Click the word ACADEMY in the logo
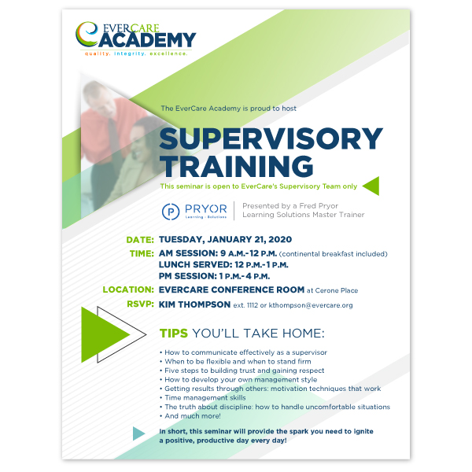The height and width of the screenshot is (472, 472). [x=147, y=40]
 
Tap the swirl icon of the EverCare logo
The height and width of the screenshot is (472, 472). [x=87, y=34]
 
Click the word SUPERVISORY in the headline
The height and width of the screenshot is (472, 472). [x=271, y=138]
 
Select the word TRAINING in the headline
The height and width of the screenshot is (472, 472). [x=237, y=166]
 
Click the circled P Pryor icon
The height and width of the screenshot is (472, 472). [x=171, y=212]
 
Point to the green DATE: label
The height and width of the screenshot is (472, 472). [x=140, y=240]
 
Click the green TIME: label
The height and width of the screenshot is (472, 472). [x=142, y=254]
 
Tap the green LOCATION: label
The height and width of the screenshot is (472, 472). [x=128, y=289]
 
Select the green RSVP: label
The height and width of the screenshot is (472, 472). [x=140, y=304]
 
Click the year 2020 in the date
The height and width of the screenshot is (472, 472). [x=280, y=240]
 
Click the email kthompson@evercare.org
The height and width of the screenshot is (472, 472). [x=311, y=305]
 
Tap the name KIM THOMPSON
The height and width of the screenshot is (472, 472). [x=195, y=304]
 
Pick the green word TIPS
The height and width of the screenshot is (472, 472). [x=174, y=334]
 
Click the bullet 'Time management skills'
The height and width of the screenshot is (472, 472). [x=205, y=398]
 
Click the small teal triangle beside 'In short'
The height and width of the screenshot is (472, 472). [x=138, y=433]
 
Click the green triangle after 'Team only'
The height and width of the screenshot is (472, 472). [x=371, y=186]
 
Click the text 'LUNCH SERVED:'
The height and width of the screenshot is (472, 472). [x=196, y=265]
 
